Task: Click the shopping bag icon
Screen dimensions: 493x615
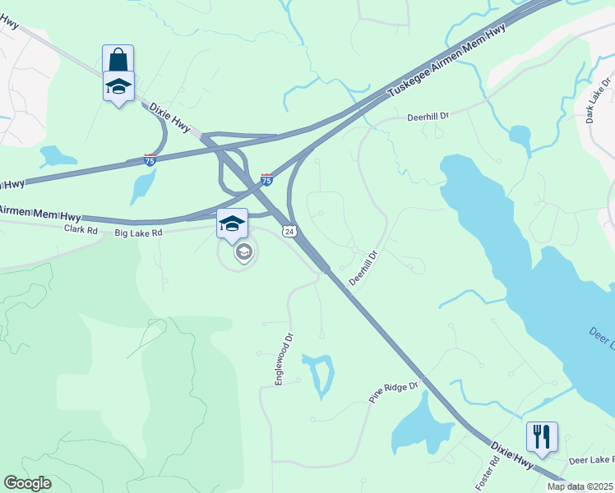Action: (118, 59)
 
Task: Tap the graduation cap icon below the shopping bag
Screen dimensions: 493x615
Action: (118, 85)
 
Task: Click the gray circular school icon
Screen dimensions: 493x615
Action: (243, 252)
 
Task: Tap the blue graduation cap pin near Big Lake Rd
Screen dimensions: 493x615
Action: (232, 223)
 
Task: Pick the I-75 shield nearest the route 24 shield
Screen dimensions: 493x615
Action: (266, 179)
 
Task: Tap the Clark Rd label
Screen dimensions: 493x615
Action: (81, 231)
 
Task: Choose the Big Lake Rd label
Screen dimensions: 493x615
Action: (139, 233)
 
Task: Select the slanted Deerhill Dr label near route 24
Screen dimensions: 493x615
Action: (363, 269)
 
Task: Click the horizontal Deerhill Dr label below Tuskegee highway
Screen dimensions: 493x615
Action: (428, 117)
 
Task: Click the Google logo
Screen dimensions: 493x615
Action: (27, 483)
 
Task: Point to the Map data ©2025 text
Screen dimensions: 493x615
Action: (580, 486)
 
